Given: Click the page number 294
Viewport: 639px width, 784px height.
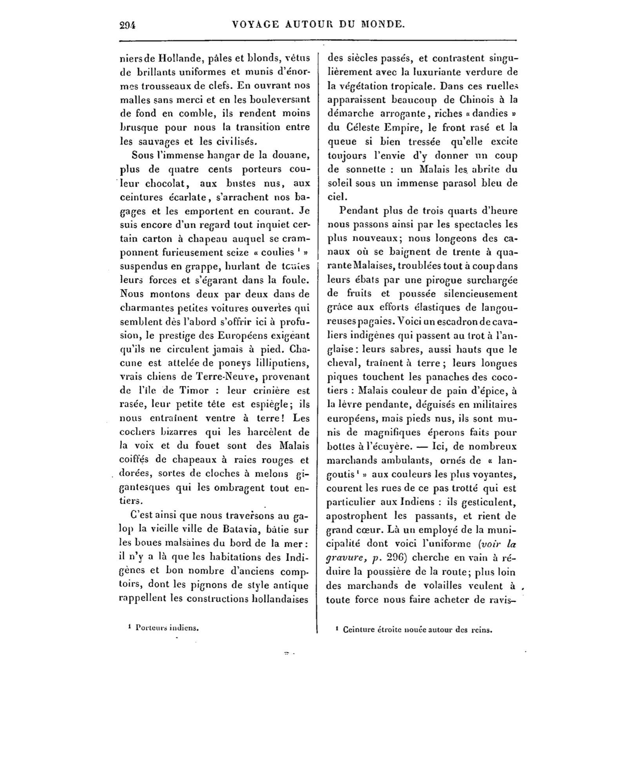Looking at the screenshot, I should click(x=127, y=25).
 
